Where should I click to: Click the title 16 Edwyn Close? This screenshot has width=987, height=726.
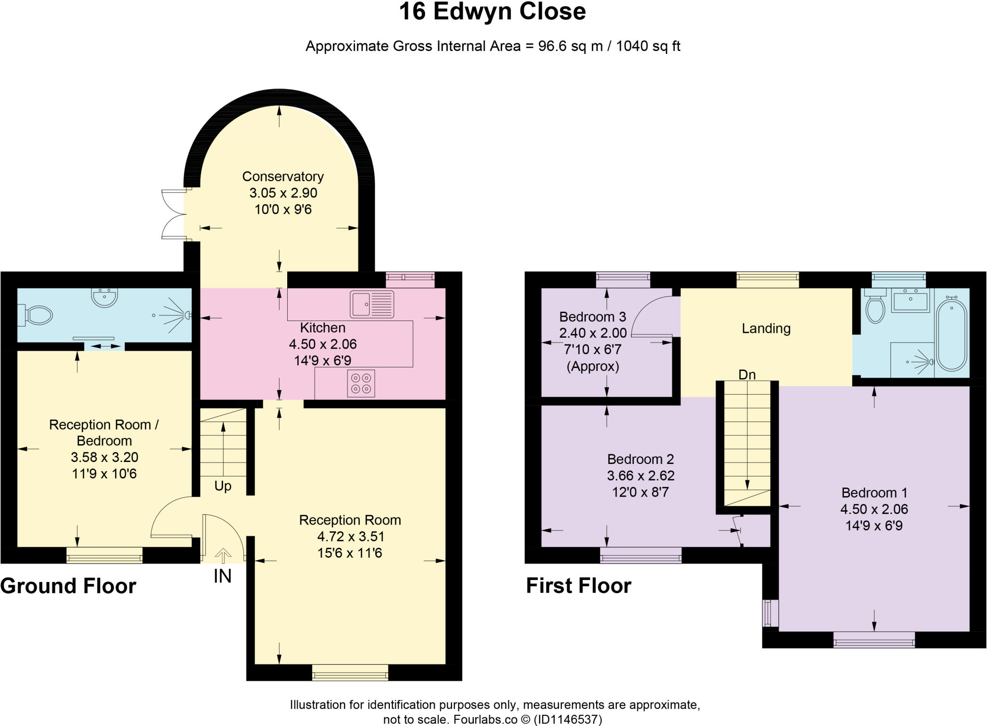(492, 12)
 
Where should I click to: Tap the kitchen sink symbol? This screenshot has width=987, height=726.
(372, 304)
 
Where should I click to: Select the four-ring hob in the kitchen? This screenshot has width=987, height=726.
(361, 383)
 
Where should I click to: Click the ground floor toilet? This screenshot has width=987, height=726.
(36, 316)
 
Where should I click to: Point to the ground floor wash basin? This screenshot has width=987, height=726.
(104, 297)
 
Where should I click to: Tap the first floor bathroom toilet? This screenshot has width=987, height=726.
(875, 308)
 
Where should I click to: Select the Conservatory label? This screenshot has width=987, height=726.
(283, 177)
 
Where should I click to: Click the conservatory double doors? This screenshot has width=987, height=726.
(173, 214)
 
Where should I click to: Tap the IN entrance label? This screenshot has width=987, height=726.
(222, 576)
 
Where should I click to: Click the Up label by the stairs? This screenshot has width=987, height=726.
(223, 486)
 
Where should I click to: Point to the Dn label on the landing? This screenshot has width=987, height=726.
(747, 374)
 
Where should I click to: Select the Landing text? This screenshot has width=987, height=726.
(766, 329)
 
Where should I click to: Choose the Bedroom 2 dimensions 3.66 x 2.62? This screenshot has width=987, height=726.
(640, 476)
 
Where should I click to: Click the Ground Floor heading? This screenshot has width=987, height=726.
(68, 586)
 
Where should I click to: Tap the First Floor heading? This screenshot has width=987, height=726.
(578, 586)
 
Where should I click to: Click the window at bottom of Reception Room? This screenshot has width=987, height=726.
(350, 672)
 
